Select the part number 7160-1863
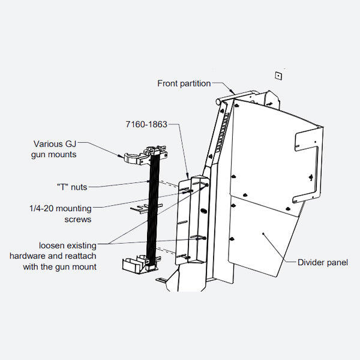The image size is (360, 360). coord(146,124)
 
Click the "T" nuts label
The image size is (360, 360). coord(71,187)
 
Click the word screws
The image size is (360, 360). coord(77,219)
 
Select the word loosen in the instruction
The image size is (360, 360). coord(53,245)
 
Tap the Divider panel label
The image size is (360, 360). coord(322,262)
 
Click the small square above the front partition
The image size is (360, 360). coord(278,75)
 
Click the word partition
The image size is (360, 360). coord(196,83)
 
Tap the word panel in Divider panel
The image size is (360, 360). coord(337,262)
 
